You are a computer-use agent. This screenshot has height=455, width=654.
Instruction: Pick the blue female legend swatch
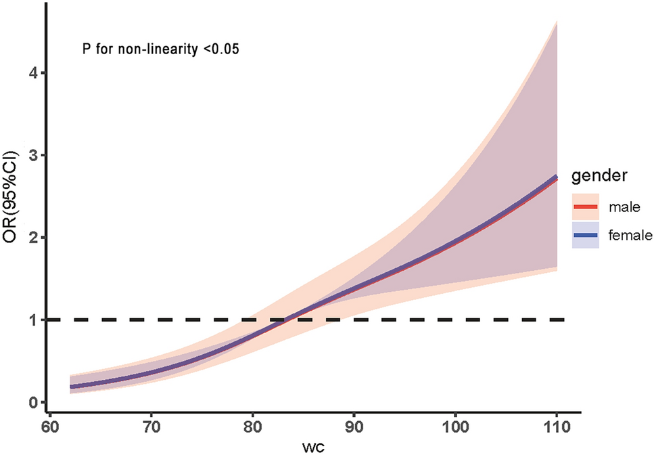586,235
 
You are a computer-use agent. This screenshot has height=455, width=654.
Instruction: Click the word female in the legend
629,235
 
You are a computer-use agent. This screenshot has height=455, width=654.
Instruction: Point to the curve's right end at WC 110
556,177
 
